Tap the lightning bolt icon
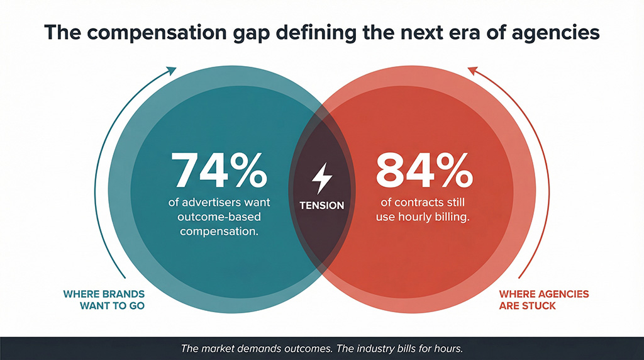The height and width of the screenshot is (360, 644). [322, 178]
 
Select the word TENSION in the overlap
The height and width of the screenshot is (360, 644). [322, 206]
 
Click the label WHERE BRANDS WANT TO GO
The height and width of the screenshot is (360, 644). [104, 300]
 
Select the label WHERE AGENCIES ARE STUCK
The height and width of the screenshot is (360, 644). [543, 300]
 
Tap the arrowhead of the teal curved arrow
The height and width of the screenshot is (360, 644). [172, 70]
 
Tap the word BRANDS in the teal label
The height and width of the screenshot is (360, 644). [123, 294]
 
